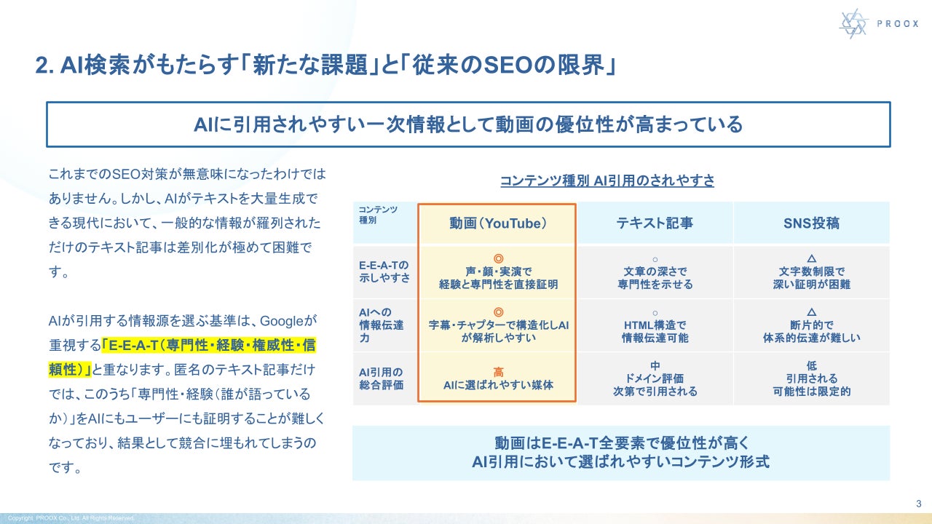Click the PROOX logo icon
click(x=853, y=24)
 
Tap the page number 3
click(x=919, y=504)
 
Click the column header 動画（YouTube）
click(x=497, y=223)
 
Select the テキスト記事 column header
click(x=655, y=223)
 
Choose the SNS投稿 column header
click(x=811, y=223)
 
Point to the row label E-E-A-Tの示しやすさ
click(x=384, y=271)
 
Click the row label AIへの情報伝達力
click(x=381, y=325)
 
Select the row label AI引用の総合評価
click(x=381, y=378)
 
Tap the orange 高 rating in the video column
click(x=498, y=372)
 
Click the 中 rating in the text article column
click(x=655, y=365)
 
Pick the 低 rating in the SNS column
click(x=811, y=365)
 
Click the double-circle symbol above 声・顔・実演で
click(x=498, y=258)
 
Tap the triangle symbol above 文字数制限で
click(x=811, y=258)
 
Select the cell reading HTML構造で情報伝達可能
click(x=655, y=331)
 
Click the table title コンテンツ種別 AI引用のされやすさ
click(x=607, y=180)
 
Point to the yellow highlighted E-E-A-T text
click(x=182, y=357)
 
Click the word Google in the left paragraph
click(x=281, y=321)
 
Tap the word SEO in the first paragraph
click(x=127, y=174)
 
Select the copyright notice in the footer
click(x=71, y=518)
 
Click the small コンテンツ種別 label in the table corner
click(x=378, y=215)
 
